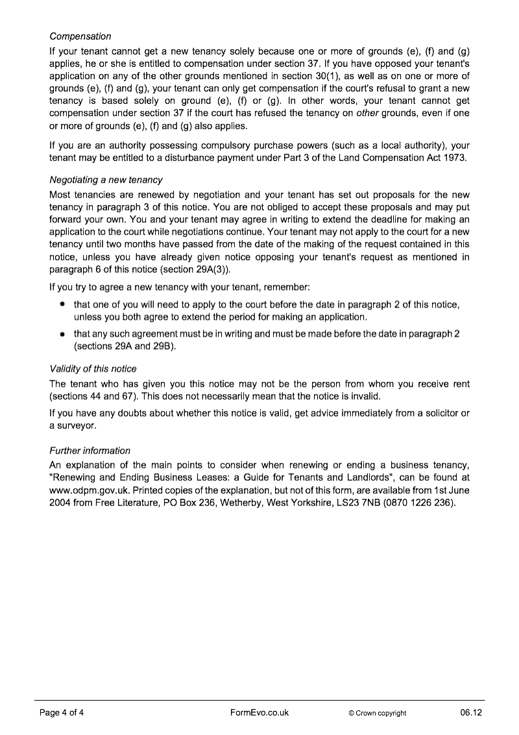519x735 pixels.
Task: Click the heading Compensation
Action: [x=80, y=36]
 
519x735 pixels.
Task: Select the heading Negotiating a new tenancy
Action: [x=106, y=180]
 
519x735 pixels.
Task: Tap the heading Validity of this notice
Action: [x=93, y=369]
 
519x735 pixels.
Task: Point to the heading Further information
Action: [x=90, y=450]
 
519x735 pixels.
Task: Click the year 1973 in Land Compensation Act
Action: [x=454, y=158]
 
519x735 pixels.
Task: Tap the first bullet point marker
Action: [x=62, y=303]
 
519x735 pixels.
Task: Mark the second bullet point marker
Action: [x=62, y=333]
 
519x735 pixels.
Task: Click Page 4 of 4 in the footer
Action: [x=62, y=712]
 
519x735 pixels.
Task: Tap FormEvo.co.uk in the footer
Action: [x=259, y=712]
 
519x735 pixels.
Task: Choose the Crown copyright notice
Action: [x=377, y=713]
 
